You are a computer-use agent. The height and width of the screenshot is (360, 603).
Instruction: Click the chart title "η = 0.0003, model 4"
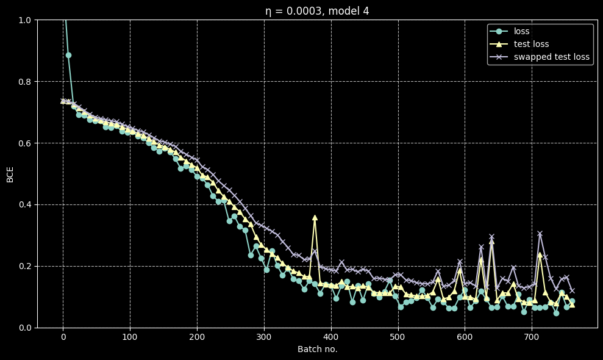pyautogui.click(x=316, y=10)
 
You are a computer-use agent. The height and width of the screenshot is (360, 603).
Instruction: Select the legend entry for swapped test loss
pyautogui.click(x=552, y=57)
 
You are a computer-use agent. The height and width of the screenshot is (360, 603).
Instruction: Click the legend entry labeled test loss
pyautogui.click(x=531, y=44)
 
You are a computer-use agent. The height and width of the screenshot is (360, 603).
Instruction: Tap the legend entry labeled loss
pyautogui.click(x=521, y=31)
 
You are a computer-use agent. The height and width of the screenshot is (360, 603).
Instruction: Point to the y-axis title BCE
pyautogui.click(x=10, y=173)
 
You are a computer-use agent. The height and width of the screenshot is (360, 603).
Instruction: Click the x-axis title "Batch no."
pyautogui.click(x=317, y=349)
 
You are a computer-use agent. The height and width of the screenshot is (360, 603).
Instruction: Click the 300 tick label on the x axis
pyautogui.click(x=263, y=337)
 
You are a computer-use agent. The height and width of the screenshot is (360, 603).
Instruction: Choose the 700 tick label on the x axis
pyautogui.click(x=532, y=337)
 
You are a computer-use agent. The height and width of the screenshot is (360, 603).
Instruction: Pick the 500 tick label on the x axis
pyautogui.click(x=398, y=337)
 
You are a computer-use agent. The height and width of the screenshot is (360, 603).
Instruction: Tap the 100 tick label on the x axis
pyautogui.click(x=130, y=337)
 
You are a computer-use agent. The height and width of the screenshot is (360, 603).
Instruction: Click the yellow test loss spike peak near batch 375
pyautogui.click(x=315, y=217)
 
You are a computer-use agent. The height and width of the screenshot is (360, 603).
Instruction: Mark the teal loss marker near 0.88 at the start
pyautogui.click(x=68, y=55)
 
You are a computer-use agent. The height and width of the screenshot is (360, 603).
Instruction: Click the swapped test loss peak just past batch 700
pyautogui.click(x=540, y=234)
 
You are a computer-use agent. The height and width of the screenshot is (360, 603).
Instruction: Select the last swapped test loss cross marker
pyautogui.click(x=572, y=290)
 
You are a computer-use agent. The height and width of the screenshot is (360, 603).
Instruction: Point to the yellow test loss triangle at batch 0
pyautogui.click(x=63, y=101)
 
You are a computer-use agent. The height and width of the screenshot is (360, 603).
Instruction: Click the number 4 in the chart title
pyautogui.click(x=366, y=10)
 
